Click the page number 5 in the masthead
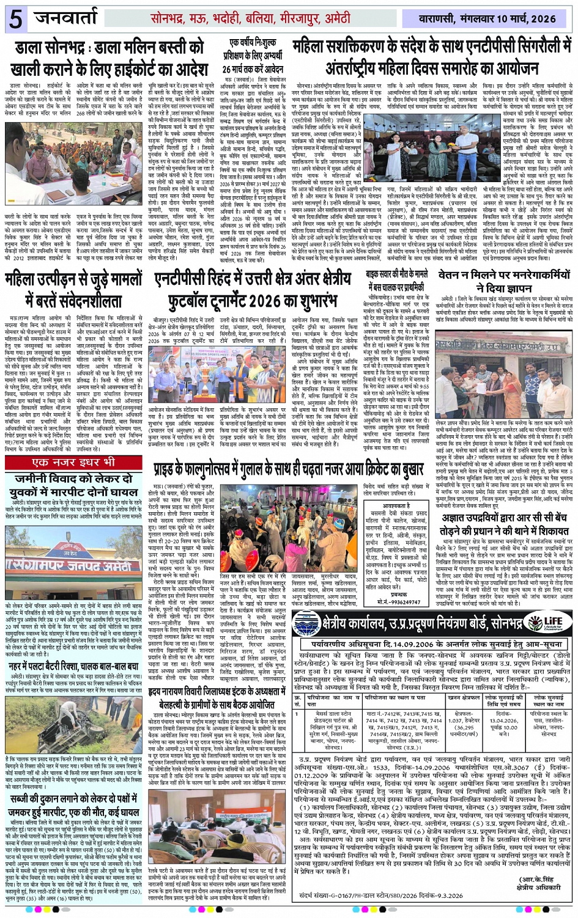click(16, 19)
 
